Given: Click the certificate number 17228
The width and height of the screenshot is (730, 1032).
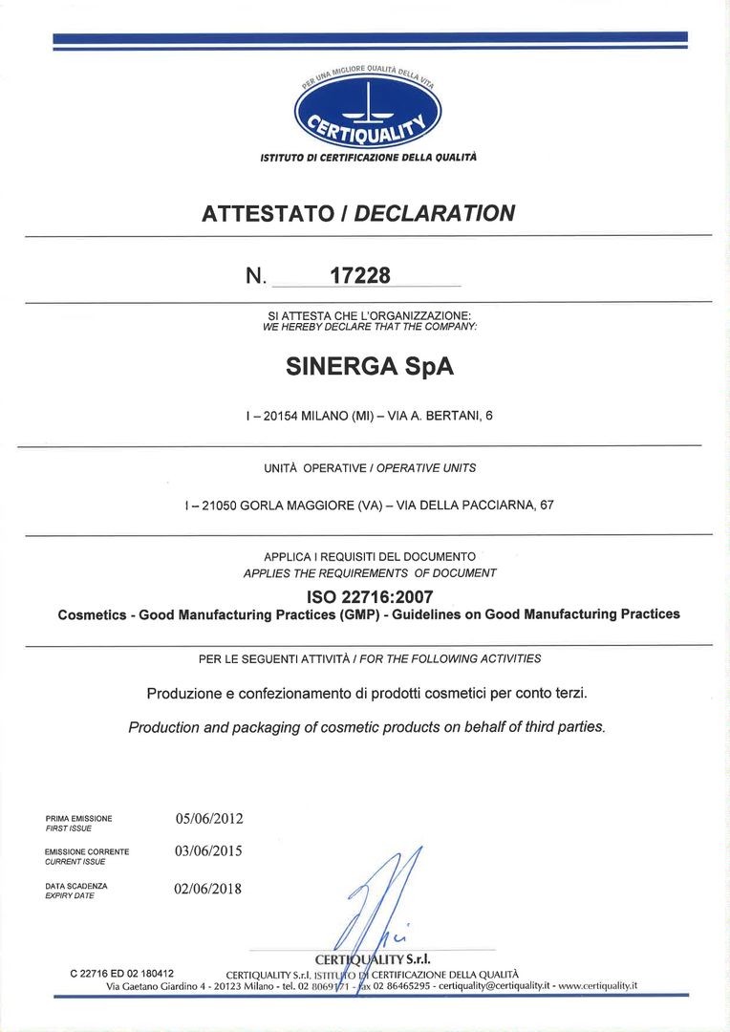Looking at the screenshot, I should point(360,275).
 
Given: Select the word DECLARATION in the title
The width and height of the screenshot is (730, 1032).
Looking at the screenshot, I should point(435,213).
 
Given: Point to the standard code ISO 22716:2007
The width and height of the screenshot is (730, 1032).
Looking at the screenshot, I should point(368,597).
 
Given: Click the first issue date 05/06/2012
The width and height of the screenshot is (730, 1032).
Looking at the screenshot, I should point(209,819).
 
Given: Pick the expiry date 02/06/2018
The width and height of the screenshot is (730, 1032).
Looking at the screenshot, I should point(209,889).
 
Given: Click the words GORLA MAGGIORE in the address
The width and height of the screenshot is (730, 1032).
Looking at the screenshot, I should point(290,505).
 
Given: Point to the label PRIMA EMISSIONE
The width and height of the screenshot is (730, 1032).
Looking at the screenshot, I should point(78,819).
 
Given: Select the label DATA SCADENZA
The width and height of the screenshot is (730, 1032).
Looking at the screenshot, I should point(76,886).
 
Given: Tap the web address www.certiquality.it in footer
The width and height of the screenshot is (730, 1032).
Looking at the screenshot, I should point(597,985).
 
